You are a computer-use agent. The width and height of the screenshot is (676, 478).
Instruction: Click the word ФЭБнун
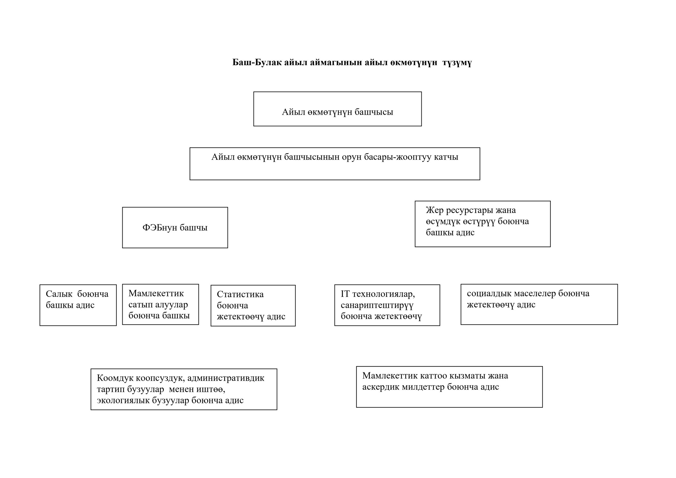[x=160, y=228]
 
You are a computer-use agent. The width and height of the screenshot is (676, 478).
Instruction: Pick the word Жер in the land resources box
[x=435, y=210]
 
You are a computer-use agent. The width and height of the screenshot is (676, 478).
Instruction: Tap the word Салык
[x=59, y=294]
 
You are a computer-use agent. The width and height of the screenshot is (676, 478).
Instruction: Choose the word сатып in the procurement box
[x=140, y=305]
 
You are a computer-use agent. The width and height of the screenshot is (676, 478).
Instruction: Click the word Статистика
[x=240, y=294]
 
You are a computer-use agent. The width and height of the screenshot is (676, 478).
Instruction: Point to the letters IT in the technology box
[x=345, y=294]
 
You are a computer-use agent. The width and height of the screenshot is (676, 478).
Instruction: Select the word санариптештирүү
[x=377, y=305]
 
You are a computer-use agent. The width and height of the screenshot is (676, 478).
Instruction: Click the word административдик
[x=226, y=378]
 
